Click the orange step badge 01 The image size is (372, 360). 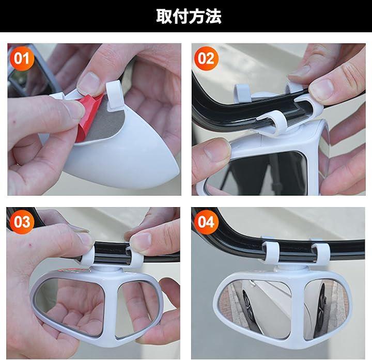pos(22,58)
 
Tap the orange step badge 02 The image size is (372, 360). pos(206,58)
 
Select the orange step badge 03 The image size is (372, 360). pos(22,222)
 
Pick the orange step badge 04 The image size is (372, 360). pos(206,222)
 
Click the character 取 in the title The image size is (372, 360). pos(164,16)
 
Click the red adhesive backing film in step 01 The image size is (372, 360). pos(88,118)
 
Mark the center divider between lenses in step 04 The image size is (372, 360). pos(298,308)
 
